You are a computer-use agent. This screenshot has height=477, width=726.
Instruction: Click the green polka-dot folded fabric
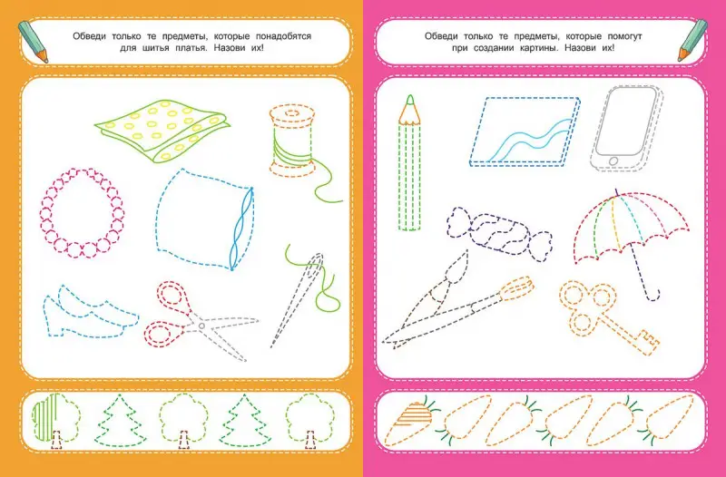[x=162, y=131]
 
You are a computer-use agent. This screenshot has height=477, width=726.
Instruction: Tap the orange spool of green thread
[x=292, y=141]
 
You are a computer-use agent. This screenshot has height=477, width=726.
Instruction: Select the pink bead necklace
[x=82, y=212]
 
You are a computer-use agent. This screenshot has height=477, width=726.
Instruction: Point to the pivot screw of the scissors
[x=201, y=326]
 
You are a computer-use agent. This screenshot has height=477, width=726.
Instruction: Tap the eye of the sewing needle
[x=318, y=263]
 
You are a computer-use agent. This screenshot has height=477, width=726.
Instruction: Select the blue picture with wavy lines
[x=525, y=131]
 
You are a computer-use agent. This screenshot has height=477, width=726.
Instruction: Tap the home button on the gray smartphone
[x=613, y=161]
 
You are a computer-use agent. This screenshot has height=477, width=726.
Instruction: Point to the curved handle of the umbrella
[x=652, y=295]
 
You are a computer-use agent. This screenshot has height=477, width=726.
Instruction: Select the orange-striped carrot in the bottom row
[x=410, y=421]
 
